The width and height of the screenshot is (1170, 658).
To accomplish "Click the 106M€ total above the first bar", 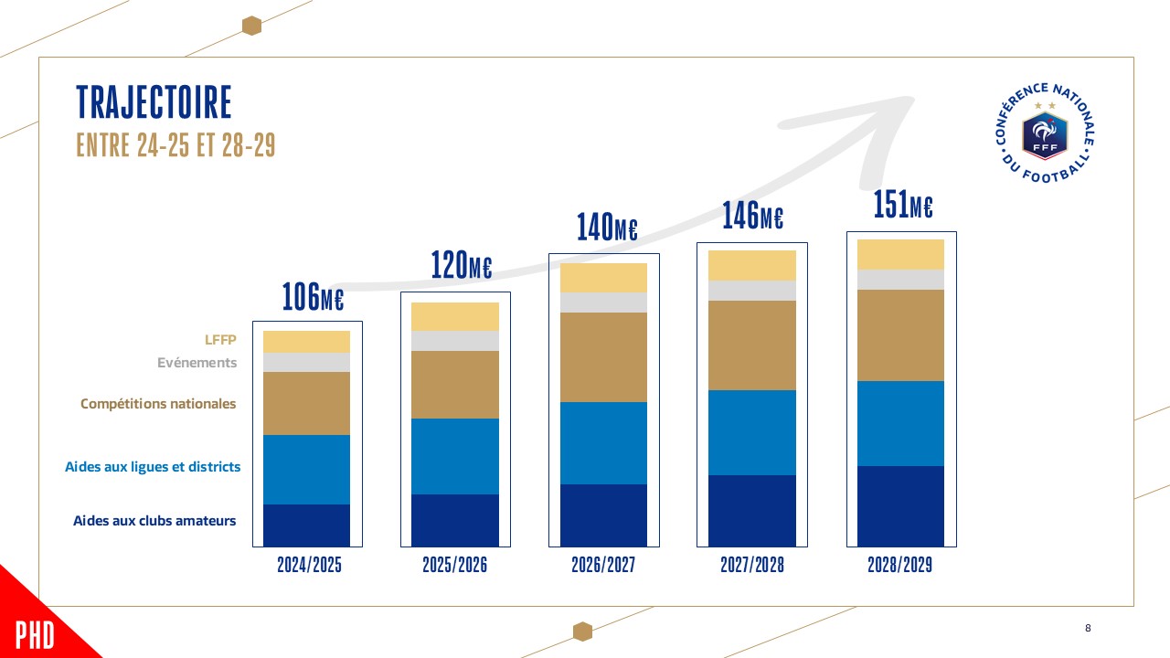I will point(313,297).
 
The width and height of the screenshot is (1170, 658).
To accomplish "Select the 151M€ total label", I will point(902,207).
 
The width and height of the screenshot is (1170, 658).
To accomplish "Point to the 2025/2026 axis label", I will point(455,566).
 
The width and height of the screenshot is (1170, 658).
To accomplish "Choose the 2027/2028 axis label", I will point(751,566).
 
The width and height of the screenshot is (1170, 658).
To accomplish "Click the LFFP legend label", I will point(220,340).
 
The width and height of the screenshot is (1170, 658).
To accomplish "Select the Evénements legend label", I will point(197,363).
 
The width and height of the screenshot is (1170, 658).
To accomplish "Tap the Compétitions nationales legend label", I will point(158,404).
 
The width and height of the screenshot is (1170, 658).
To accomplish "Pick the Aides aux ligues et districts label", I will point(153,467).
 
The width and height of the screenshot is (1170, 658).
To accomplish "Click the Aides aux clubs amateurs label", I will point(154,521).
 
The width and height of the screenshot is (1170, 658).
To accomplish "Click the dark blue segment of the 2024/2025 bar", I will point(306,525).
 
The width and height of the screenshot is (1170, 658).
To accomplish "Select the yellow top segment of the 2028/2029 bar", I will point(900,254).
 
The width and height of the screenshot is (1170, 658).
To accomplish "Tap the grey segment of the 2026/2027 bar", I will point(603,302).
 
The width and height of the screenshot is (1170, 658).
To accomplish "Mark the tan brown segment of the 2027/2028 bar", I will point(751,345).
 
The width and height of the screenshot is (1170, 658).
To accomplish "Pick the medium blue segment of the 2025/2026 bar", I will point(455,456).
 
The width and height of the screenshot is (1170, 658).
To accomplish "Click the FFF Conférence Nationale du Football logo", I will point(1045,131).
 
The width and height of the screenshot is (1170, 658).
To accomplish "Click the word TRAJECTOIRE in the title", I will point(154,102).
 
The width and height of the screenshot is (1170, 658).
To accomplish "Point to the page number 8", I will point(1088,628).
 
